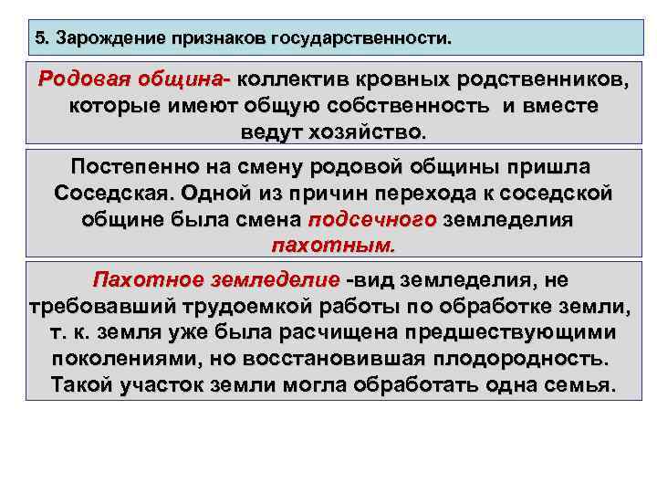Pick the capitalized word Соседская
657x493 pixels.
coord(113,194)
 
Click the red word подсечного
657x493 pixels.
coord(373,220)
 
